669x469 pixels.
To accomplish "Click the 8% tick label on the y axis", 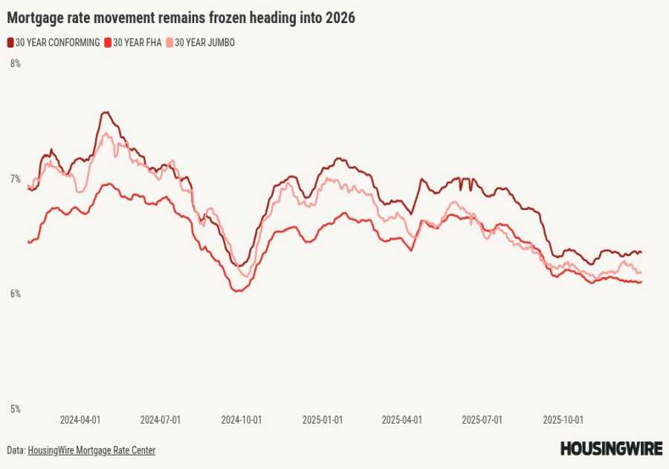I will pyautogui.click(x=15, y=64).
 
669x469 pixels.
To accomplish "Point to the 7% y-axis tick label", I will pyautogui.click(x=15, y=179).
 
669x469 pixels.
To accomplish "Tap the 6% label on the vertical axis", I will pyautogui.click(x=15, y=294).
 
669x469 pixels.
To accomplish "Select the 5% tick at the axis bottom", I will pyautogui.click(x=15, y=409).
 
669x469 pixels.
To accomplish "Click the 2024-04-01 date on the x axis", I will pyautogui.click(x=80, y=420).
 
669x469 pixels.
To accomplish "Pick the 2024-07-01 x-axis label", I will pyautogui.click(x=161, y=420).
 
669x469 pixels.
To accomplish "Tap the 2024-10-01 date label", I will pyautogui.click(x=242, y=420).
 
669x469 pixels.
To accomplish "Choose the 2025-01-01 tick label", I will pyautogui.click(x=323, y=420).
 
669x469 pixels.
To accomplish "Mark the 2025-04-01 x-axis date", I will pyautogui.click(x=402, y=420).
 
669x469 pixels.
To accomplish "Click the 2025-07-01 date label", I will pyautogui.click(x=482, y=420).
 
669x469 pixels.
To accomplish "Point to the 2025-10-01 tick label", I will pyautogui.click(x=563, y=420).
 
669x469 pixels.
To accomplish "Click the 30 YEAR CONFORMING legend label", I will pyautogui.click(x=58, y=43).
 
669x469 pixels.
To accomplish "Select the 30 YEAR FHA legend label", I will pyautogui.click(x=138, y=43).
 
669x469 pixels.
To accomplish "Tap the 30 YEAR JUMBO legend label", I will pyautogui.click(x=204, y=43).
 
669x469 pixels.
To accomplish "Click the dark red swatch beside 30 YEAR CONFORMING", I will pyautogui.click(x=10, y=43).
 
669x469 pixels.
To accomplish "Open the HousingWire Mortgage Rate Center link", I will pyautogui.click(x=91, y=450).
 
